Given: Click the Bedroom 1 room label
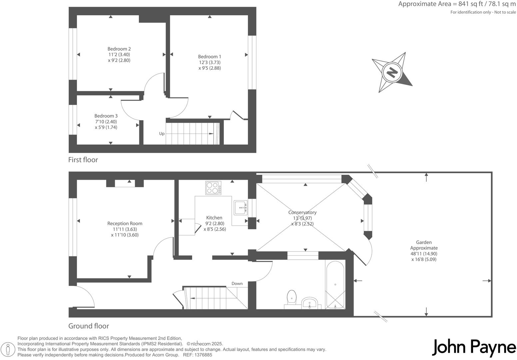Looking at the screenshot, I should click(209, 57).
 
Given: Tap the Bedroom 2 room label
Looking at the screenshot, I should click(119, 49).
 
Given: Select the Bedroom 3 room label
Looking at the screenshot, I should click(106, 116).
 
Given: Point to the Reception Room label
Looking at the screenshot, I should click(125, 224).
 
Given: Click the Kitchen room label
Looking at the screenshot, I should click(214, 218).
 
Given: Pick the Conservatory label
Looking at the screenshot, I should click(302, 212).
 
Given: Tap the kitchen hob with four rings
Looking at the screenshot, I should click(213, 188).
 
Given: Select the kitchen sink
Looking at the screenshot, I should click(241, 208).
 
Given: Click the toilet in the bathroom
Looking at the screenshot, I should click(291, 296).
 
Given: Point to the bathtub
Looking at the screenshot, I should click(335, 284).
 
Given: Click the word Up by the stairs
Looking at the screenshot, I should click(162, 134).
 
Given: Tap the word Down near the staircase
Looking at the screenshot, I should click(237, 284).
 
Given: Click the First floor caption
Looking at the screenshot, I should click(83, 160).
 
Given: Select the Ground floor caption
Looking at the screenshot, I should click(89, 326).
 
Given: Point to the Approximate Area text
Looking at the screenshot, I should click(457, 4).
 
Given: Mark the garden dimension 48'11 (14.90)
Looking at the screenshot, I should click(424, 254).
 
